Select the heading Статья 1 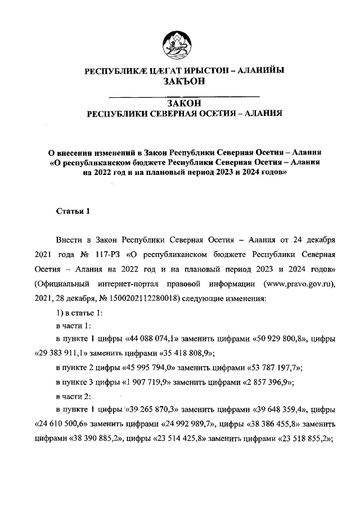(x=73, y=211)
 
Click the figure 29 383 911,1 (x=62, y=353)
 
